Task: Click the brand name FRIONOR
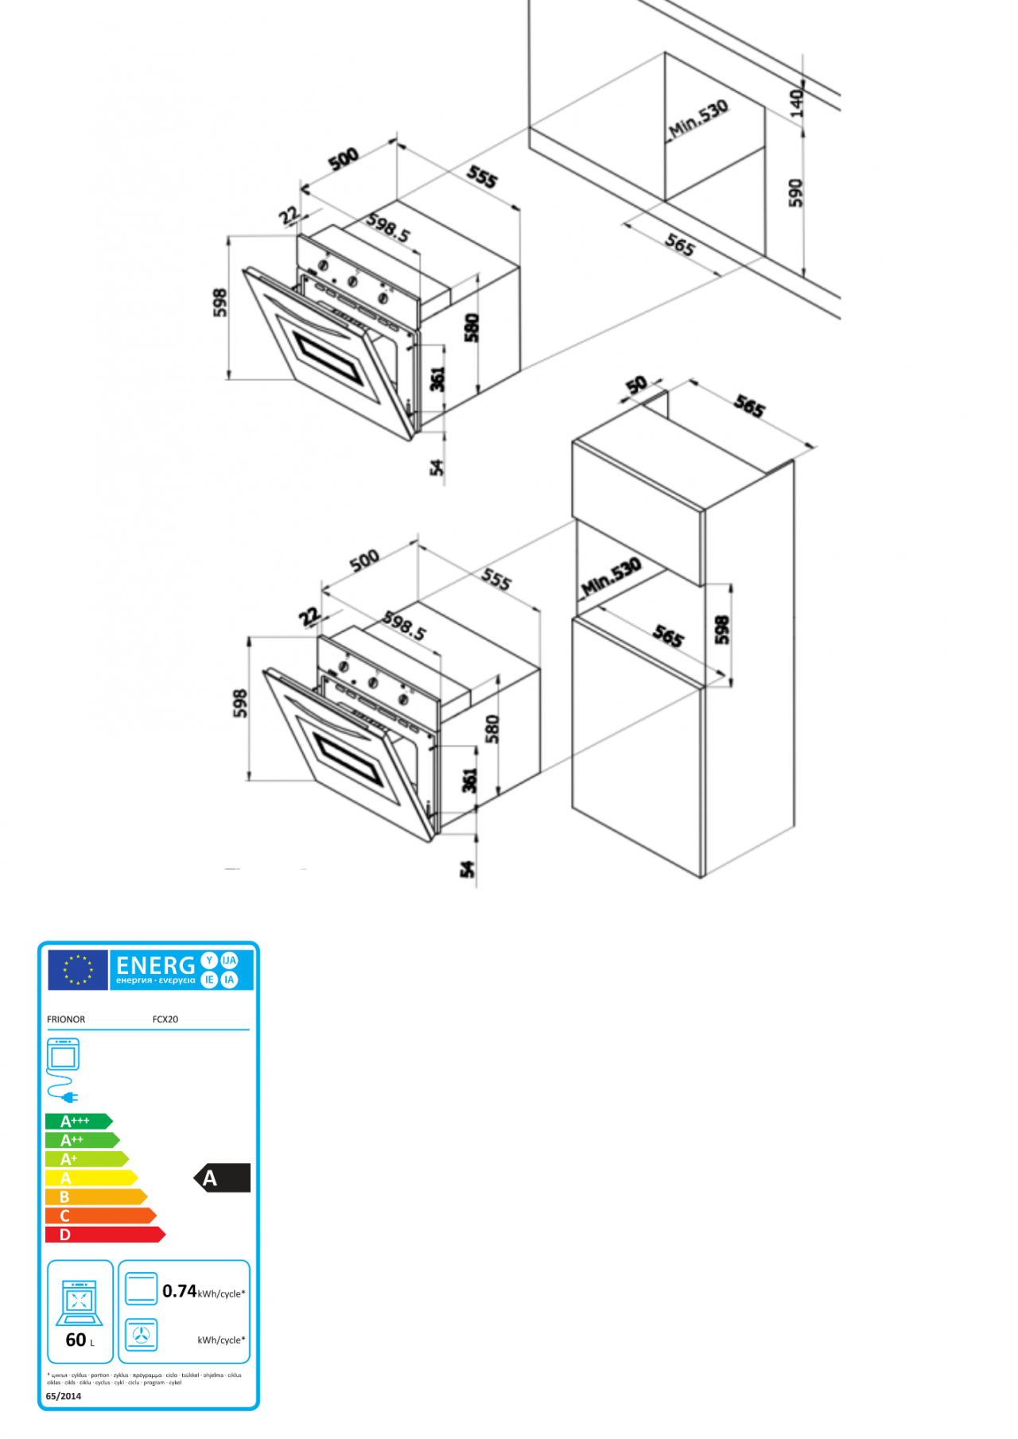pyautogui.click(x=66, y=1019)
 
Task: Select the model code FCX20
pyautogui.click(x=165, y=1019)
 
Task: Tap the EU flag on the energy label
pyautogui.click(x=78, y=970)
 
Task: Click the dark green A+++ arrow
pyautogui.click(x=78, y=1121)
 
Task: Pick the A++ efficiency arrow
pyautogui.click(x=81, y=1140)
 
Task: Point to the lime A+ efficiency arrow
pyautogui.click(x=86, y=1159)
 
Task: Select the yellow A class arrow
pyautogui.click(x=91, y=1178)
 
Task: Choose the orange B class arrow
pyautogui.click(x=95, y=1197)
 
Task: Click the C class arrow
pyautogui.click(x=100, y=1216)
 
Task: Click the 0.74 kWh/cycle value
pyautogui.click(x=180, y=1291)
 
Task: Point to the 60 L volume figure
pyautogui.click(x=76, y=1340)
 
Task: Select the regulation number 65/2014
pyautogui.click(x=64, y=1396)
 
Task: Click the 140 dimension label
pyautogui.click(x=796, y=103)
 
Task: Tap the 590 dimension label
pyautogui.click(x=795, y=193)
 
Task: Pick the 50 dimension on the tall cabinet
pyautogui.click(x=636, y=386)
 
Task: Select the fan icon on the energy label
pyautogui.click(x=142, y=1336)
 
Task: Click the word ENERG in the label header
pyautogui.click(x=156, y=965)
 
